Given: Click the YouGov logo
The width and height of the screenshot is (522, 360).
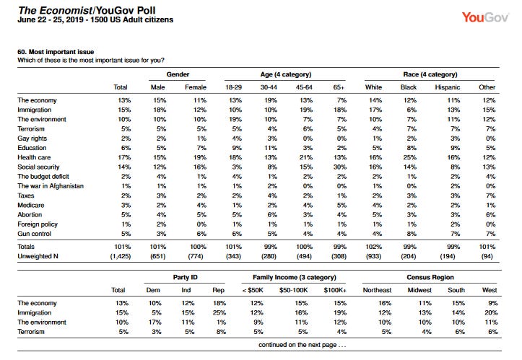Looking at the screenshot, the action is pyautogui.click(x=485, y=17).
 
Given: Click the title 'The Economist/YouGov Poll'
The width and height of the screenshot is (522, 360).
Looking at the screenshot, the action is pyautogui.click(x=87, y=10).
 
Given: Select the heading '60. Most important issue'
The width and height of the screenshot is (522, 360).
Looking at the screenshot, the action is pyautogui.click(x=56, y=52).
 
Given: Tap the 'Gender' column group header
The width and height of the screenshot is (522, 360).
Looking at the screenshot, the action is pyautogui.click(x=178, y=74).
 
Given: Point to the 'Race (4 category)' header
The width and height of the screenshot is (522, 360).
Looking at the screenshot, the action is pyautogui.click(x=430, y=74).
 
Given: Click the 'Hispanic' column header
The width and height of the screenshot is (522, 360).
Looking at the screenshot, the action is pyautogui.click(x=448, y=87).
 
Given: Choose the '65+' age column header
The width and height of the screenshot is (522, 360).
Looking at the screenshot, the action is pyautogui.click(x=339, y=87).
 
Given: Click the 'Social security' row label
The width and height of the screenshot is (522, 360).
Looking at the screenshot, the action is pyautogui.click(x=38, y=167).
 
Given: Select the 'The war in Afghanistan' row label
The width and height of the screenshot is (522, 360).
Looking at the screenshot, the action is pyautogui.click(x=51, y=186).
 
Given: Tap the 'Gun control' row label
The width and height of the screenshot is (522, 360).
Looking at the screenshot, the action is pyautogui.click(x=34, y=234).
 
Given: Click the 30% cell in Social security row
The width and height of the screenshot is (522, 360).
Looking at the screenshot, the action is pyautogui.click(x=340, y=167).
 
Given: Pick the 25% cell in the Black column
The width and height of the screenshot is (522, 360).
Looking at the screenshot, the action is pyautogui.click(x=410, y=157).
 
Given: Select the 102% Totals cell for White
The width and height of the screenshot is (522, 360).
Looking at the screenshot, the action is pyautogui.click(x=373, y=247).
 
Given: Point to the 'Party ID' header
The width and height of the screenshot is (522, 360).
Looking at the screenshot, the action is pyautogui.click(x=185, y=277).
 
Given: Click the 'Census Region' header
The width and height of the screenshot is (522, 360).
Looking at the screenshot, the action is pyautogui.click(x=430, y=277).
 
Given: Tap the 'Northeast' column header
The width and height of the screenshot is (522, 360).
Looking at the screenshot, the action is pyautogui.click(x=377, y=290).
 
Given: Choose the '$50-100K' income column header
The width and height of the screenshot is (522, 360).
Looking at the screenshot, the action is pyautogui.click(x=293, y=290).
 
